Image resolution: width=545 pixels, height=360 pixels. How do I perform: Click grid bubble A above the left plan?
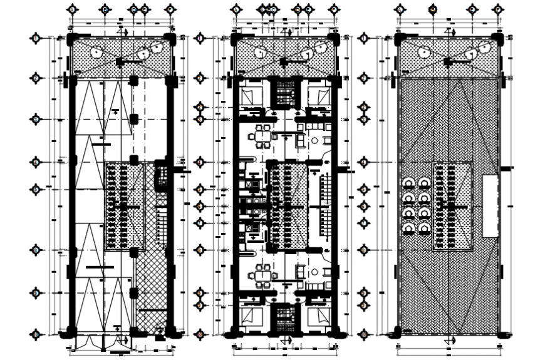coord(74,11)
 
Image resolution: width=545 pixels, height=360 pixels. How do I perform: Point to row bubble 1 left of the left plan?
coord(36,39)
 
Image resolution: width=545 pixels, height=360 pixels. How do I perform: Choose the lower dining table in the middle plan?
coord(262,274)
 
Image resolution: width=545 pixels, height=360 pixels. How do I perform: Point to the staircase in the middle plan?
coord(318,207)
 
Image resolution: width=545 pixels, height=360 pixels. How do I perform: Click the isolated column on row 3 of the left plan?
coord(134,119)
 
